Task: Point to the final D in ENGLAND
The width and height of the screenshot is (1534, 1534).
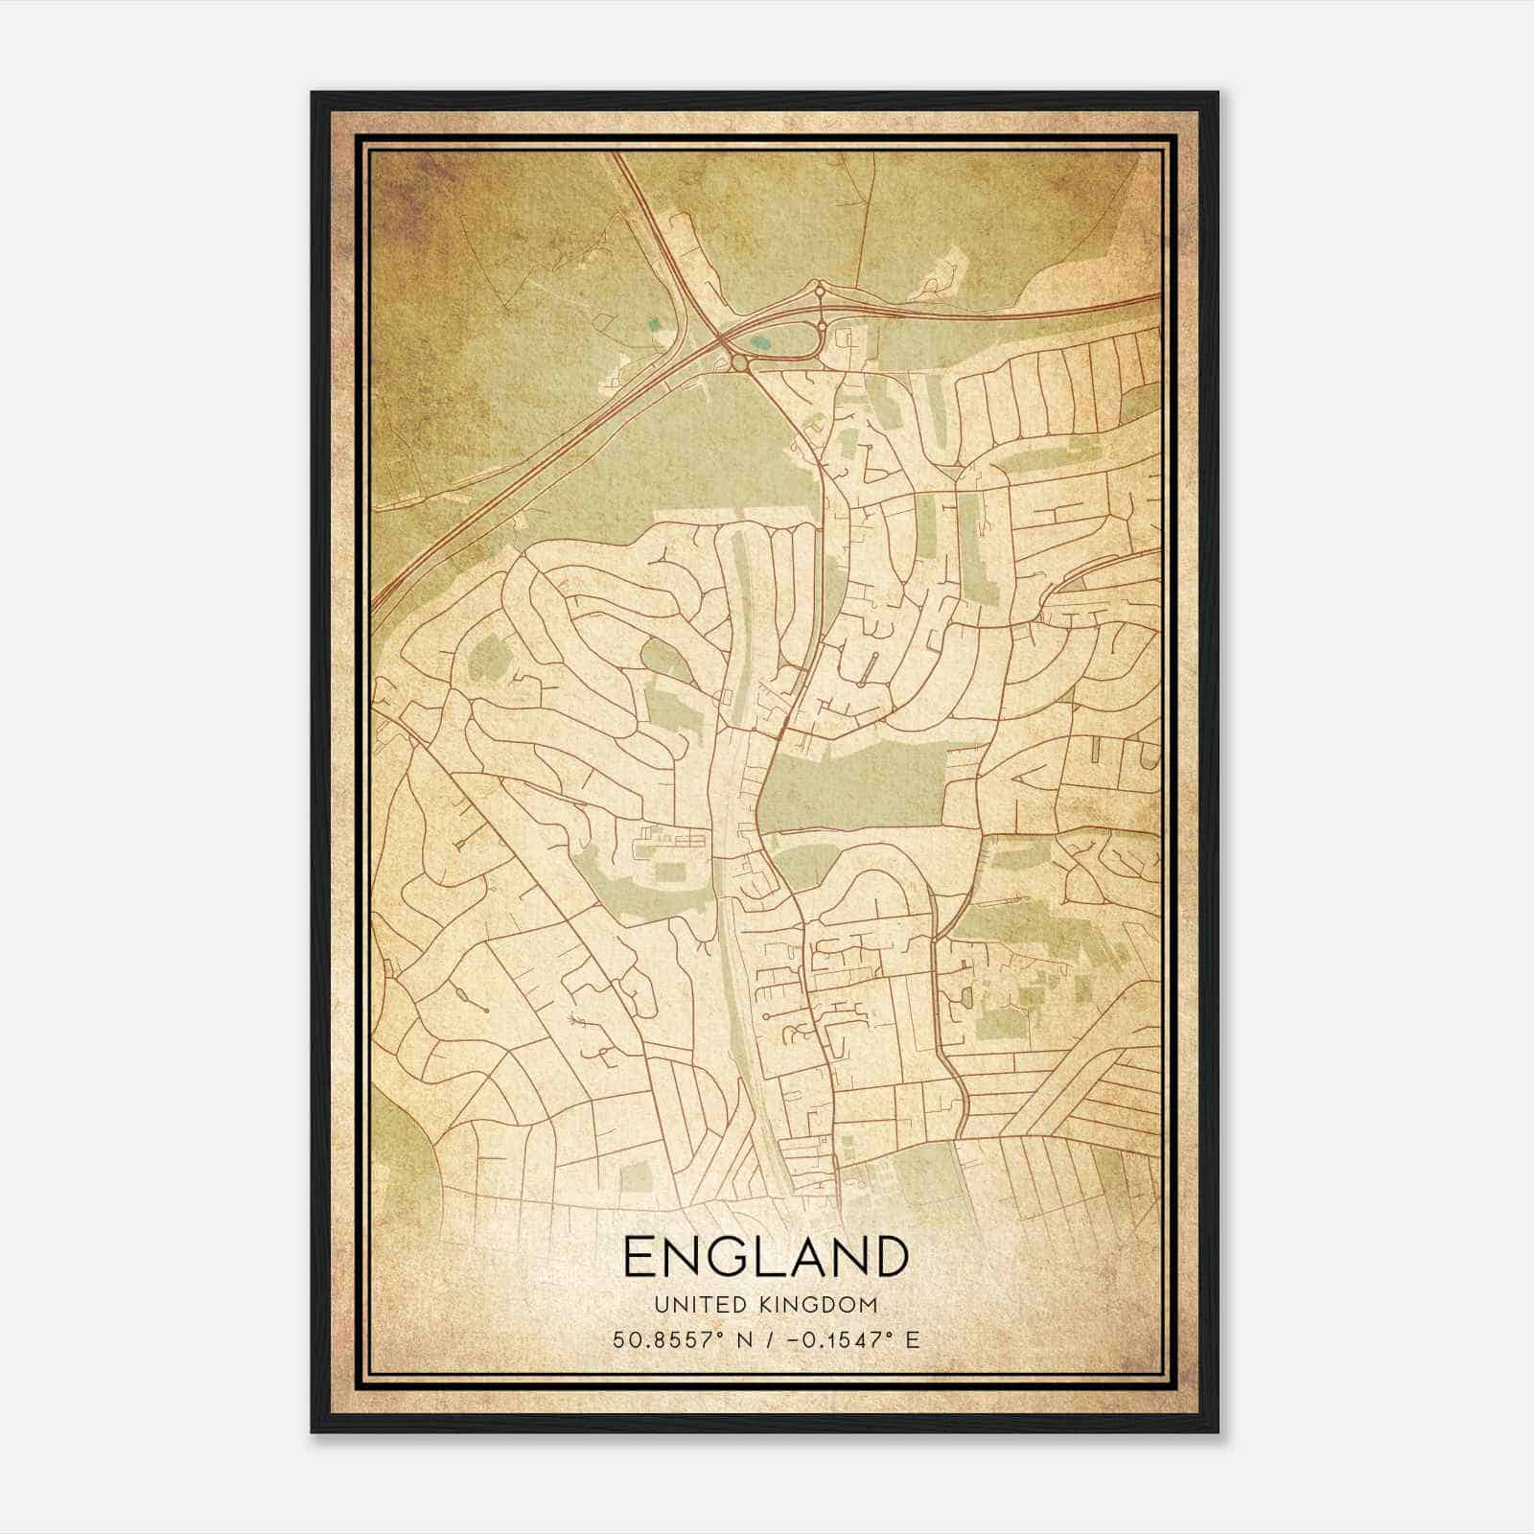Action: point(889,1256)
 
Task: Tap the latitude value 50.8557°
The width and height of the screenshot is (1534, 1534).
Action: point(668,1339)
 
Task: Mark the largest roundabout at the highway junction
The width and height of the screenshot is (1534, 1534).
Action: point(739,362)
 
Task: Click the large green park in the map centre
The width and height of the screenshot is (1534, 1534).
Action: point(853,786)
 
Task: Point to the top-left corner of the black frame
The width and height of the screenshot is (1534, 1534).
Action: point(313,93)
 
